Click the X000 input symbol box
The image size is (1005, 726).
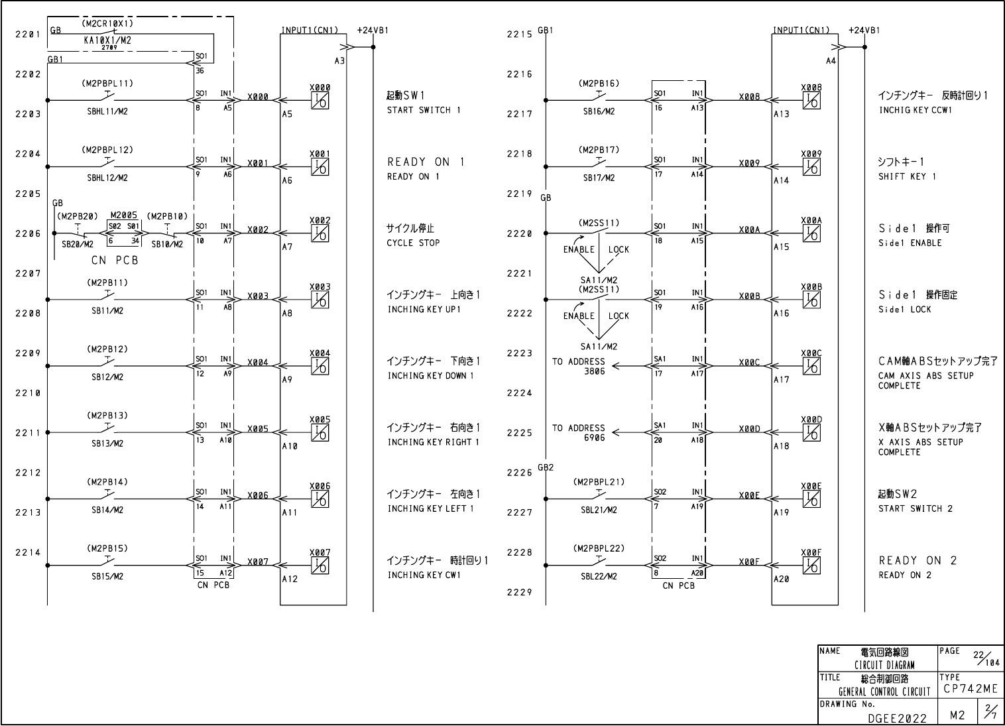(320, 101)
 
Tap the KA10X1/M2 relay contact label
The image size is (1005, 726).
(107, 40)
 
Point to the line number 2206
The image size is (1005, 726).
(28, 233)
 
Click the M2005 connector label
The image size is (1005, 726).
(124, 215)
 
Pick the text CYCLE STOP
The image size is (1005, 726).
(413, 243)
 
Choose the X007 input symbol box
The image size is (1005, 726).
(320, 566)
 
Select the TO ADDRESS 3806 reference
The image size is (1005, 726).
(578, 367)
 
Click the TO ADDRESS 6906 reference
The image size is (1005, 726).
(578, 433)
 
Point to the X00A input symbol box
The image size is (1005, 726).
(811, 233)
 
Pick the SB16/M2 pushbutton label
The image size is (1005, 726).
(599, 111)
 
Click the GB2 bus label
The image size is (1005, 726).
(546, 467)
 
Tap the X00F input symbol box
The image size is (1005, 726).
(811, 566)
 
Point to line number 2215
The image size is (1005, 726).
(519, 34)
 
